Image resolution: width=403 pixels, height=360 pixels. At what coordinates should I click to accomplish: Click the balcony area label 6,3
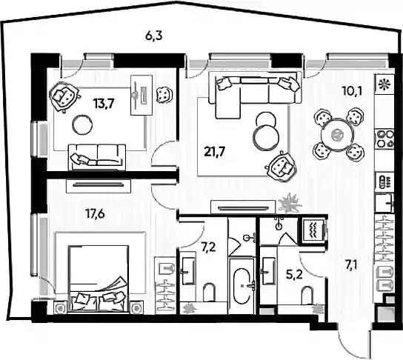pos(153,36)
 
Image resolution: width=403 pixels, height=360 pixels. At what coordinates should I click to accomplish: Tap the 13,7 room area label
pos(104,104)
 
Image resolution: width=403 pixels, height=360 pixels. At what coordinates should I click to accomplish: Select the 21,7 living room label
pos(215,152)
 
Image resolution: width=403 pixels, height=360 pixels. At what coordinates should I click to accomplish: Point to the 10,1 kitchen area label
pos(352,90)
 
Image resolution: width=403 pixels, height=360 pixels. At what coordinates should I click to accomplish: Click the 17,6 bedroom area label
pos(95,213)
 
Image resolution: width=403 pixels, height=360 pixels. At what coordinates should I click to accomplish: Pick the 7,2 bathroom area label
pos(208,247)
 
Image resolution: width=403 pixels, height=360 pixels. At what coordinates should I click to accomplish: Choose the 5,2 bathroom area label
pos(294,276)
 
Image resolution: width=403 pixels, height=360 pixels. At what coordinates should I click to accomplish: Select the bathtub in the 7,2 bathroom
pos(242,285)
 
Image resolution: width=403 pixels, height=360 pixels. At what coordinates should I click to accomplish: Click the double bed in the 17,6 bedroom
pos(99,279)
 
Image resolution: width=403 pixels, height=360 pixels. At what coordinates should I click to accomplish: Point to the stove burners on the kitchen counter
pos(384,139)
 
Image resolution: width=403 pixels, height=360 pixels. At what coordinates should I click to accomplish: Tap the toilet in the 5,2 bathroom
pos(307,296)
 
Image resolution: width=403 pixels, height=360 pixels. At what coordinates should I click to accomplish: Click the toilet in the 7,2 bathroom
pos(209,293)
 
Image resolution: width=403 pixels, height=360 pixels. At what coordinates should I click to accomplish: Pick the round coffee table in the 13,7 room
pos(82,124)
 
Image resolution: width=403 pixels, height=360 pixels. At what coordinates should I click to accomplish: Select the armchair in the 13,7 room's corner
pos(64,96)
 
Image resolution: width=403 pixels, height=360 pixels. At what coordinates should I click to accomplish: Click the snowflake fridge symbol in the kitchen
pos(384,84)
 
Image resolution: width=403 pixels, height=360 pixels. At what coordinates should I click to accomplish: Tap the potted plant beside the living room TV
pos(290,203)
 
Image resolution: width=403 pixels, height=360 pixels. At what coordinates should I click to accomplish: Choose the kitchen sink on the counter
pos(384,204)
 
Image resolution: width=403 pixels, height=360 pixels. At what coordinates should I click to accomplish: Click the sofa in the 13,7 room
pos(97,157)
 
